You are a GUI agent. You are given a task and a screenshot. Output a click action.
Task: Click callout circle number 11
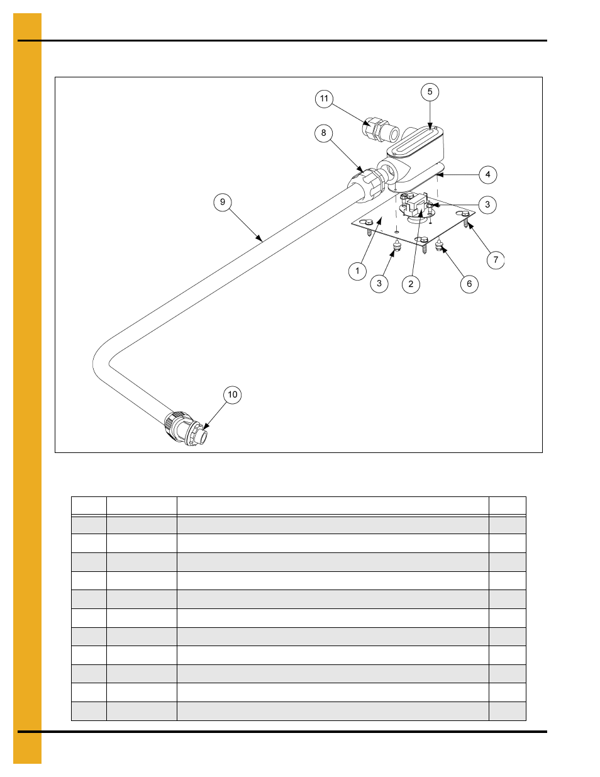(324, 99)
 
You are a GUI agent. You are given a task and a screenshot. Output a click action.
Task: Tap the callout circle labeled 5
(430, 92)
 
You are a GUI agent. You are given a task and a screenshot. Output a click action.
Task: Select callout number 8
(323, 133)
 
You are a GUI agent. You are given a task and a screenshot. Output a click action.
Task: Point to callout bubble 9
(222, 203)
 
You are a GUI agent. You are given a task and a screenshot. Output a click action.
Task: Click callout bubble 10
(232, 394)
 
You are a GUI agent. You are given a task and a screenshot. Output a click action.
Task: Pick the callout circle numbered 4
(488, 175)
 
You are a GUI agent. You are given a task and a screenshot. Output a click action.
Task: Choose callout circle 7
(496, 260)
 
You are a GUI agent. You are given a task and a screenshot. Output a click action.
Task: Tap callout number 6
(469, 284)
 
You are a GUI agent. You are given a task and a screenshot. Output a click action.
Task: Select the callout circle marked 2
(411, 284)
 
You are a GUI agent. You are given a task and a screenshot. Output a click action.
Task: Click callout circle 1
(357, 271)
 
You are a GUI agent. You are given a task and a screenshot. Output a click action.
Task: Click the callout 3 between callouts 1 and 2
(379, 284)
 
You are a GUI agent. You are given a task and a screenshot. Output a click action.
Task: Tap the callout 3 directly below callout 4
(487, 205)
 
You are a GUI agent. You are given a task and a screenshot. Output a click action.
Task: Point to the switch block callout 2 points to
(414, 207)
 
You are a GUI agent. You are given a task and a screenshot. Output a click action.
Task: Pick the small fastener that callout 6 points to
(439, 245)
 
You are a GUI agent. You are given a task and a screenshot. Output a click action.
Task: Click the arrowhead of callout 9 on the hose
(260, 239)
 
